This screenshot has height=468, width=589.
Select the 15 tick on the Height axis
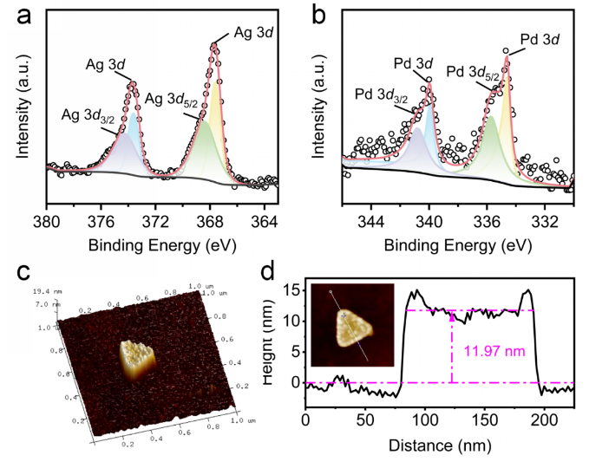tap(291, 290)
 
